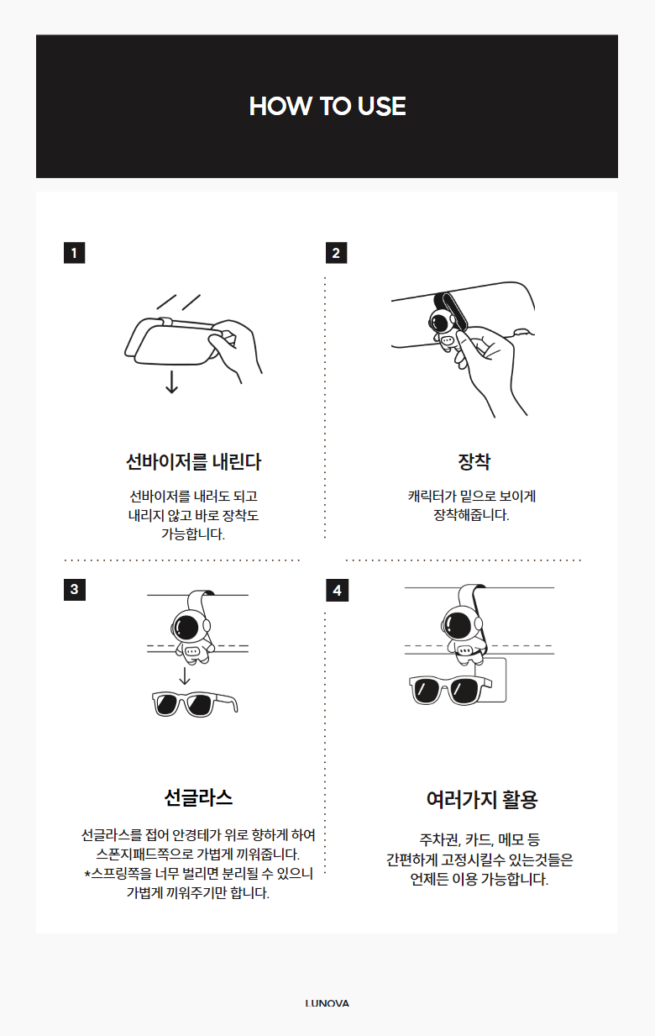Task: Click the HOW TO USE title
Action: [327, 106]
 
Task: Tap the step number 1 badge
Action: [75, 253]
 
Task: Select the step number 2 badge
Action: [337, 253]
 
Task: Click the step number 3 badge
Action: [75, 590]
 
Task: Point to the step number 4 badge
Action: [337, 590]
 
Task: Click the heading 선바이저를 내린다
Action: [194, 461]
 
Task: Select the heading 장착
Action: [474, 461]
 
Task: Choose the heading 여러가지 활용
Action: [482, 800]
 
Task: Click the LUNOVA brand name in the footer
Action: [327, 1003]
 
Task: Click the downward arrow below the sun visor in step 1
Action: [172, 381]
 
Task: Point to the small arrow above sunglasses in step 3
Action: [185, 676]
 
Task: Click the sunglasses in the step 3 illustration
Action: [195, 704]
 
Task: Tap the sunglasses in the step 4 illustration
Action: [451, 690]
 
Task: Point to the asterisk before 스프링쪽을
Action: [87, 873]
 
